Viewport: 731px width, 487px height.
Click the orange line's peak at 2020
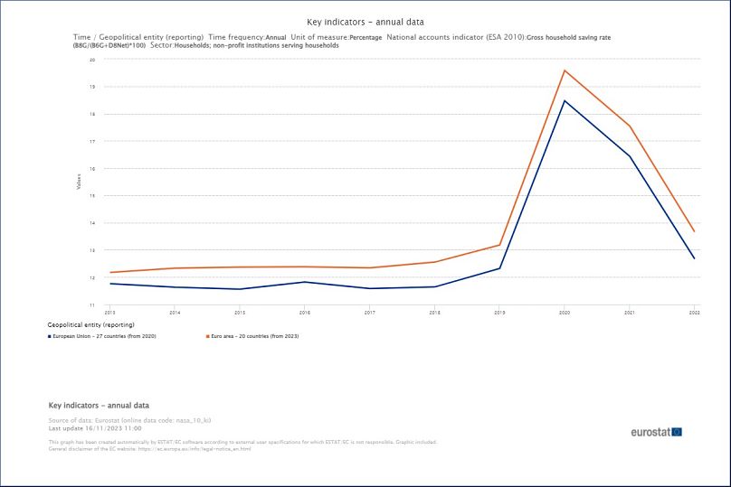(x=565, y=70)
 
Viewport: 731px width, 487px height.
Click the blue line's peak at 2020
(x=565, y=100)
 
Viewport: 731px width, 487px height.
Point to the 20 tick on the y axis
(x=92, y=60)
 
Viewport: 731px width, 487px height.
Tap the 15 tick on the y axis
(x=92, y=195)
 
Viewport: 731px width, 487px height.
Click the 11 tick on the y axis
(x=92, y=304)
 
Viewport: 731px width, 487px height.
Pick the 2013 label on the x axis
(x=110, y=312)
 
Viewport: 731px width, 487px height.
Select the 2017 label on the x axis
(x=370, y=312)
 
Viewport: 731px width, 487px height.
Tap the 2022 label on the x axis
(x=694, y=312)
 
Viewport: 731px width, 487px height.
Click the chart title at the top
(x=365, y=21)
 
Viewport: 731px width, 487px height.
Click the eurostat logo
(x=656, y=432)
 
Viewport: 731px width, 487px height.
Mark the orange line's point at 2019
(x=499, y=245)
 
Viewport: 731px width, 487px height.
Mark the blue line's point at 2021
(x=630, y=156)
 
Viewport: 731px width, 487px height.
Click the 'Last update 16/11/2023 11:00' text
(x=95, y=428)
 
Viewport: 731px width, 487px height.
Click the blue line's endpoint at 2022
(x=694, y=258)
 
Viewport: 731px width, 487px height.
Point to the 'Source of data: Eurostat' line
(x=129, y=421)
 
